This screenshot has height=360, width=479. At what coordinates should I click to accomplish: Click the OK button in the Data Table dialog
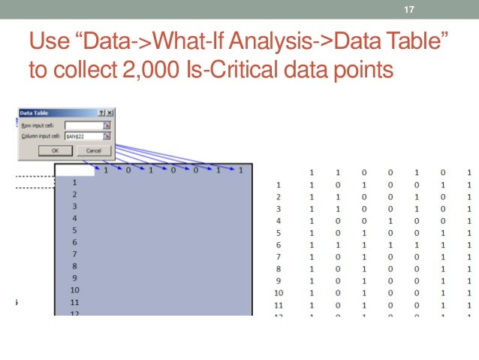tap(55, 150)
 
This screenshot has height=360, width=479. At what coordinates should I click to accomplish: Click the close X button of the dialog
tap(109, 113)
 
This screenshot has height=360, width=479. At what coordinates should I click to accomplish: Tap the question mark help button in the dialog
tap(101, 113)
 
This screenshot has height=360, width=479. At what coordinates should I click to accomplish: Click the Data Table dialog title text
tap(34, 113)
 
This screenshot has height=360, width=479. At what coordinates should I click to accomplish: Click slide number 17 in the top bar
tap(409, 10)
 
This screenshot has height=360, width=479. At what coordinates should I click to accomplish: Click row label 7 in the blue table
tap(74, 254)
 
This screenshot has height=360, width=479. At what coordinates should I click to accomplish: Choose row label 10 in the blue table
tap(74, 290)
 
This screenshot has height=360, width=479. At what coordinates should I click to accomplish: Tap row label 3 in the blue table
tap(74, 206)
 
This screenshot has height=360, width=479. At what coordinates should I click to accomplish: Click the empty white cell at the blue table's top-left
tap(75, 170)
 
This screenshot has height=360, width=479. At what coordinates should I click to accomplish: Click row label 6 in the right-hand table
tap(279, 245)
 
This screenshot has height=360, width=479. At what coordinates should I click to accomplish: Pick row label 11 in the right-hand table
tap(279, 305)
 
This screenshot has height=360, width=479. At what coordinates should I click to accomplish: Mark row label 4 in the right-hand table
tap(279, 221)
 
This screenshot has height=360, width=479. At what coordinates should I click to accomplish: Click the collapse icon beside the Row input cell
tap(107, 125)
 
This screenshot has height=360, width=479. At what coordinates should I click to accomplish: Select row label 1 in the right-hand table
tap(279, 185)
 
